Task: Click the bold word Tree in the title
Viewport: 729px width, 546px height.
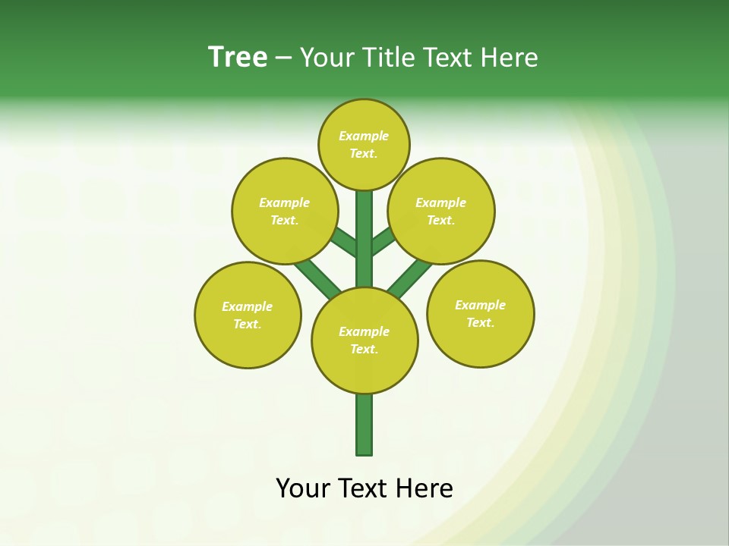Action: click(x=238, y=58)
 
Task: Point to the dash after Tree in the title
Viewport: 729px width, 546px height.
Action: click(x=283, y=58)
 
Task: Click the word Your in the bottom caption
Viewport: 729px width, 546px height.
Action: click(x=304, y=488)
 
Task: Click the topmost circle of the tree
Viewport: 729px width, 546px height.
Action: click(x=364, y=145)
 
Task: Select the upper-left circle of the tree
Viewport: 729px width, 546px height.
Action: click(x=285, y=211)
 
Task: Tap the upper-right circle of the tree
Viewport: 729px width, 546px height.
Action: click(x=441, y=211)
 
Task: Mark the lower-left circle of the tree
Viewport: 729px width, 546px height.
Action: click(x=248, y=315)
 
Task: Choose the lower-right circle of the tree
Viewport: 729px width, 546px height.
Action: click(x=481, y=314)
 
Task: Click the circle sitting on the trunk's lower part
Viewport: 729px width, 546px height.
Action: click(x=364, y=340)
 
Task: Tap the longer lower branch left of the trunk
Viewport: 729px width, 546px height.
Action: click(x=318, y=278)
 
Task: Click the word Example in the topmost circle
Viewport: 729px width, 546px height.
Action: click(x=364, y=136)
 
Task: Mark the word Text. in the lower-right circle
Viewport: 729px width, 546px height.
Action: click(x=480, y=323)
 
